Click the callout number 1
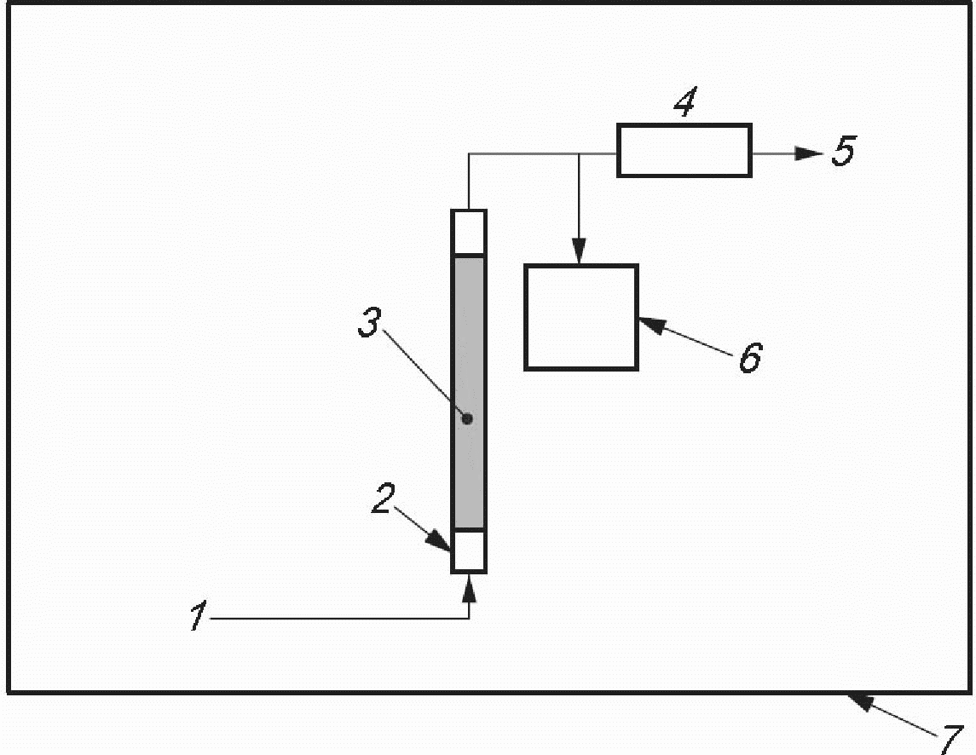point(198,616)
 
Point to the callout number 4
point(683,105)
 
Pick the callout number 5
point(842,152)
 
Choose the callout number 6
point(749,358)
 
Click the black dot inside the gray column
point(466,418)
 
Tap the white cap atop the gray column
point(468,232)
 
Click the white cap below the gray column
point(468,550)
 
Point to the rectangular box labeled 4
point(684,151)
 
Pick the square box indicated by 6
point(580,317)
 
